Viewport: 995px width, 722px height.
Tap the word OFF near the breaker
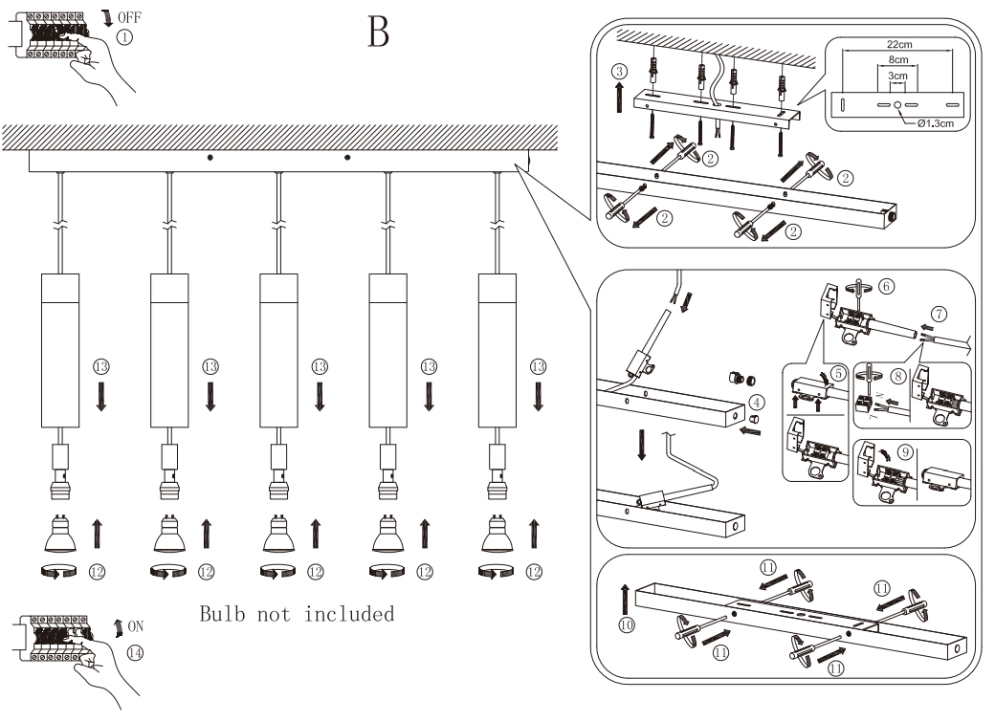coord(129,16)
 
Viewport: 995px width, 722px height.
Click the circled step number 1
coord(125,38)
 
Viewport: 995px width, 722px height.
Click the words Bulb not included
coord(297,614)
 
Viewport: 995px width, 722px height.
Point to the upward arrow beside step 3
coord(620,98)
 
